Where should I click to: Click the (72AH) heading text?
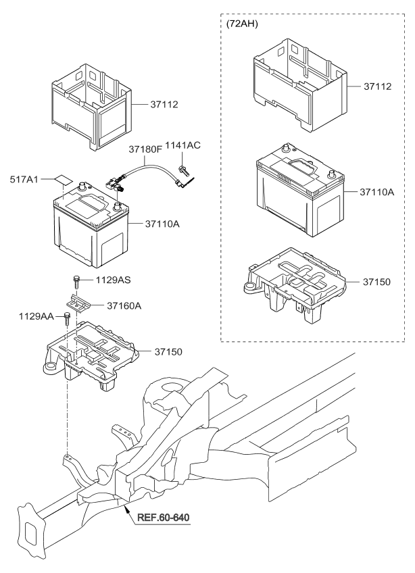(245, 24)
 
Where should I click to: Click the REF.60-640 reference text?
(163, 518)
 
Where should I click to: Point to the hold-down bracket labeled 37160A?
(80, 303)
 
